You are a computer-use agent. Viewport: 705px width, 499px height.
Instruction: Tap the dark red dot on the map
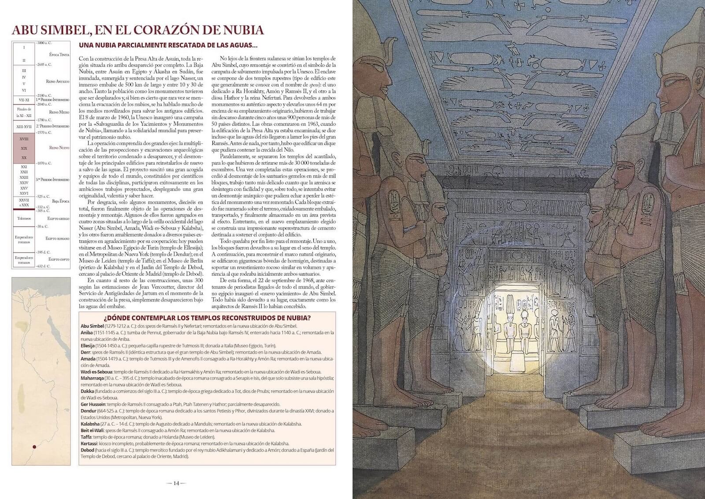click(34, 447)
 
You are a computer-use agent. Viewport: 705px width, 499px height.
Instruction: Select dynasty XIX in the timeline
click(24, 148)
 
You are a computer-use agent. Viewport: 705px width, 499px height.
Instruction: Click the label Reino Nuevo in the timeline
click(59, 147)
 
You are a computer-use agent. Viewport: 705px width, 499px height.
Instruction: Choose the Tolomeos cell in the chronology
click(24, 218)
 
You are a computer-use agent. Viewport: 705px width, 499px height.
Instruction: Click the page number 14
click(176, 483)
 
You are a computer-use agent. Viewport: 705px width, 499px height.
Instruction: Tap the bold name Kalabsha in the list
click(90, 424)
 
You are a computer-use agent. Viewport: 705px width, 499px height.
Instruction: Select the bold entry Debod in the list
click(87, 450)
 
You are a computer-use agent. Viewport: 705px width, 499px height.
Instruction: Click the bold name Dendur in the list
click(88, 410)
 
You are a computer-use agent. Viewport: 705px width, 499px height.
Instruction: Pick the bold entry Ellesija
click(89, 346)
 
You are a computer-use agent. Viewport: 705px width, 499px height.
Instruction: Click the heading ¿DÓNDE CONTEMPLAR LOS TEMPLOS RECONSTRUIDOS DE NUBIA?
click(207, 318)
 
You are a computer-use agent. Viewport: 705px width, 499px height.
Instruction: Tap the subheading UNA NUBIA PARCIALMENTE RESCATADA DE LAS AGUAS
click(167, 45)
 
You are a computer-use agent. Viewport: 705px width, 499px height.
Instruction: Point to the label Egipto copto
click(59, 259)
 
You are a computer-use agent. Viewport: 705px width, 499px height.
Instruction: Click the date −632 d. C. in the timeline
click(44, 266)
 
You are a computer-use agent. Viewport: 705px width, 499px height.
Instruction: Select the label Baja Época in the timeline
click(61, 201)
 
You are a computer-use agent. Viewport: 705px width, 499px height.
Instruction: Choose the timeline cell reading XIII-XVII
click(24, 127)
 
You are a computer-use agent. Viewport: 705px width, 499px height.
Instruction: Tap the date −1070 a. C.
click(44, 163)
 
